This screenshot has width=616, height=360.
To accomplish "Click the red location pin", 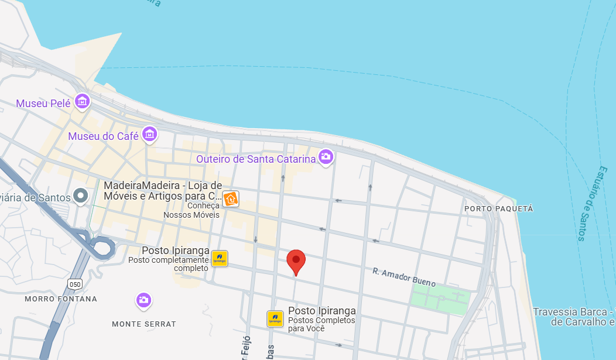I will [x=296, y=262].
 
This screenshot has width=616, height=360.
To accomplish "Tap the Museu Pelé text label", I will [x=43, y=104].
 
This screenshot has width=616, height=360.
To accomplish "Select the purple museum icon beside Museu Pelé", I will [x=82, y=101].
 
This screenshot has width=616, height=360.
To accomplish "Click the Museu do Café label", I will [x=103, y=136].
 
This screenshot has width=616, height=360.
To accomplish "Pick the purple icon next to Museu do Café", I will [x=150, y=134].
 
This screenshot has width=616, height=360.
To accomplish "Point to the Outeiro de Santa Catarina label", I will [x=256, y=159].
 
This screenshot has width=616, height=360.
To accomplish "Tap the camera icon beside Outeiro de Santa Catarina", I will [x=326, y=156].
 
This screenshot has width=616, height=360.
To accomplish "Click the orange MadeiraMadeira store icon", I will [x=231, y=199].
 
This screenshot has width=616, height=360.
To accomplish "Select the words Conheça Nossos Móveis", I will [x=191, y=210].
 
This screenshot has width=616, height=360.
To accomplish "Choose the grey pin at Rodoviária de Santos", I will [x=81, y=196].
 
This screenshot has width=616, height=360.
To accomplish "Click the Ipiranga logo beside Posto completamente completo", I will [x=220, y=259].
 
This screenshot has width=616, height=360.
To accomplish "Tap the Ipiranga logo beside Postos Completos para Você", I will [x=275, y=319].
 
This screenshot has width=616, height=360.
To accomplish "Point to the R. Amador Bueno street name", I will [x=404, y=277].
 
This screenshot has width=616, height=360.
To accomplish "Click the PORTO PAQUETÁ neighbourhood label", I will [x=499, y=208].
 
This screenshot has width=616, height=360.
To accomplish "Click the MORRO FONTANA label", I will [x=61, y=299].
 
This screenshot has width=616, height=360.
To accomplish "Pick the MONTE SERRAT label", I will [x=144, y=324].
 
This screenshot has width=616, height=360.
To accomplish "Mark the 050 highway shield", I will [x=74, y=284].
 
